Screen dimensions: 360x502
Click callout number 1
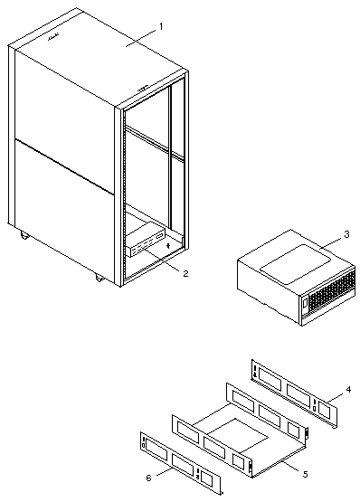point(161,26)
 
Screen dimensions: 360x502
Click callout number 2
point(185,273)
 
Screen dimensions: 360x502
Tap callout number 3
point(346,234)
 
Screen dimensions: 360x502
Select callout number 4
point(348,389)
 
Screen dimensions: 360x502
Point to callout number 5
point(306,474)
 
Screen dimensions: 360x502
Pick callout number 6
point(148,478)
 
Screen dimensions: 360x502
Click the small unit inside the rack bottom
point(146,240)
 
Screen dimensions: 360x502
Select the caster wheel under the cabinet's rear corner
point(24,236)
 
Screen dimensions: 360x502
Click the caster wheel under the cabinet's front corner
point(99,278)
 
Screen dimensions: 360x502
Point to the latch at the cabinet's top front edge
point(144,88)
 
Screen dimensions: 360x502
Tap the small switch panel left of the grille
point(304,302)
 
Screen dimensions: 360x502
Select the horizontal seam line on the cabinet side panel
point(64,166)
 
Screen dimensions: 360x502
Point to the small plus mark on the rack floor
point(168,245)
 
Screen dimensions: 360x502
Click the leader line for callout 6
point(166,470)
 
